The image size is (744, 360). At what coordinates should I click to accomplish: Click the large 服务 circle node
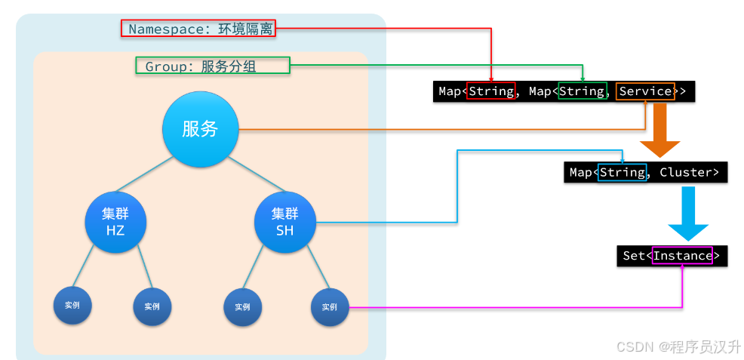[200, 129]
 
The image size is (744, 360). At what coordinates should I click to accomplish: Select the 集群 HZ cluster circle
[115, 221]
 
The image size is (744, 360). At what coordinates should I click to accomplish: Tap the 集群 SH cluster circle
[284, 221]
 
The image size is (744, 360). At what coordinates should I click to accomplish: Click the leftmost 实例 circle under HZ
[72, 306]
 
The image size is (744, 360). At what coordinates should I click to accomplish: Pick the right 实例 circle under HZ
[152, 306]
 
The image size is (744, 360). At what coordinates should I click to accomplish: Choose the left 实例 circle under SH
[242, 306]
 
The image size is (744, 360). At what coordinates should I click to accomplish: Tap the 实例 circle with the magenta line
[330, 306]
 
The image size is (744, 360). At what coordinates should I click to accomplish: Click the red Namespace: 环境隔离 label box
[198, 29]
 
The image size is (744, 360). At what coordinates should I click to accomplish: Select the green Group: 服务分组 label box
[212, 66]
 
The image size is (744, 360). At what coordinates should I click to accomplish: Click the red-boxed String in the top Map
[491, 91]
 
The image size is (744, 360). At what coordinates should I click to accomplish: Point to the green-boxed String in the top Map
[582, 91]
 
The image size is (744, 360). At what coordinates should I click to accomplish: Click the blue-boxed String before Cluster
[622, 172]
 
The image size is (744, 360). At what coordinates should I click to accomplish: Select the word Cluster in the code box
[685, 172]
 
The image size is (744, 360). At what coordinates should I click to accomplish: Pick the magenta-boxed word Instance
[682, 255]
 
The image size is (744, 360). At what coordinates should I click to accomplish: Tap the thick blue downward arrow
[688, 213]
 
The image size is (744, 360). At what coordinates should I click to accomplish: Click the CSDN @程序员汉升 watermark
[678, 346]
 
